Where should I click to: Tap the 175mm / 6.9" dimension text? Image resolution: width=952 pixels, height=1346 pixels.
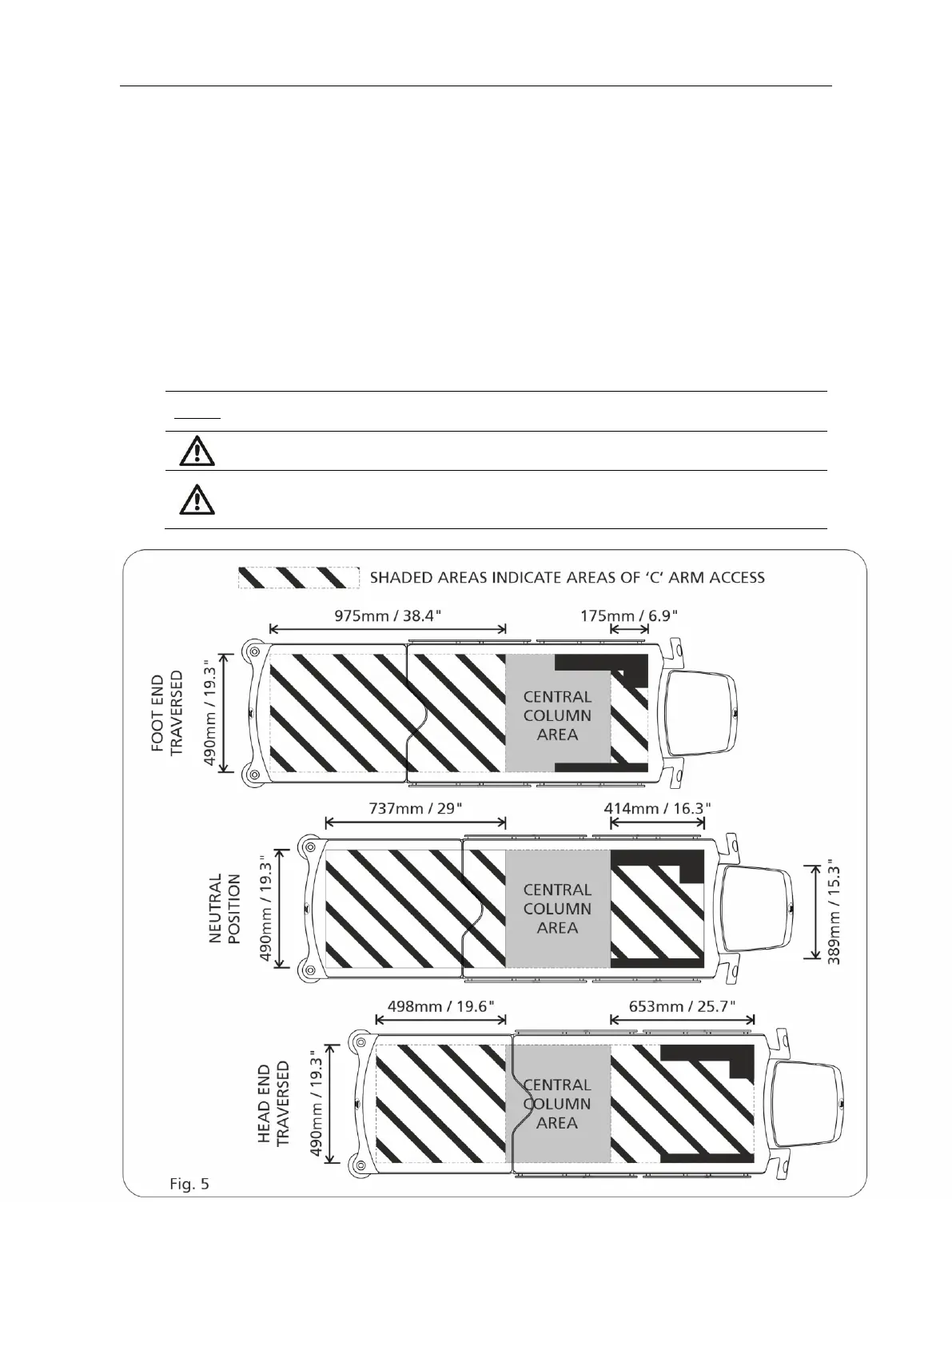coord(629,615)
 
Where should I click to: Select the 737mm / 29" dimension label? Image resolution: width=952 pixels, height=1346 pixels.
coord(416,807)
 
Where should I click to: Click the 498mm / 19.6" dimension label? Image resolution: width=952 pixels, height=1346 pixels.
coord(440,1006)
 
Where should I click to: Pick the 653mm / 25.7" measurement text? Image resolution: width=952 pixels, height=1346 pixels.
coord(682,1006)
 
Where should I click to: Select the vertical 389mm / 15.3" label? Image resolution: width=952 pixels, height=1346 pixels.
coord(834,912)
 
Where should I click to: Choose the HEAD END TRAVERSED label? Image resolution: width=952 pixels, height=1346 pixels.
coord(273,1104)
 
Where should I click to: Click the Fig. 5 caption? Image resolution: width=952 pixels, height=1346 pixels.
coord(189,1183)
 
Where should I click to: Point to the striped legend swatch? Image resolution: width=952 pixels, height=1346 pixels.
coord(297,577)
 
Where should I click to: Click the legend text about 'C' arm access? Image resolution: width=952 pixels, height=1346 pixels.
coord(567,577)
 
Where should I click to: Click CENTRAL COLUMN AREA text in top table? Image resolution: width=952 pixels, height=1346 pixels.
coord(557,715)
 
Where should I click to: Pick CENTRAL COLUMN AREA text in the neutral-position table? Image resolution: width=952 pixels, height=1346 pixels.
coord(557,909)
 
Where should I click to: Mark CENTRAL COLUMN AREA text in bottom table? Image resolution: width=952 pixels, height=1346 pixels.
coord(557,1104)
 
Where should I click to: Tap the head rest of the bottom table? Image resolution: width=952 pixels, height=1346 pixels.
coord(807,1103)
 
